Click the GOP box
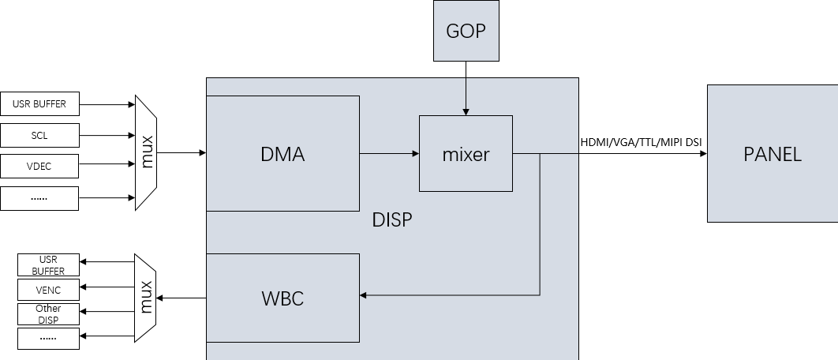(x=466, y=32)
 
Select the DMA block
(x=282, y=153)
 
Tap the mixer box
(x=466, y=153)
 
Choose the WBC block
(x=282, y=298)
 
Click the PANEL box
(x=772, y=153)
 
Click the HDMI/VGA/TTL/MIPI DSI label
(x=641, y=142)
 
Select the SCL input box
(x=39, y=135)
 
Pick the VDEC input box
(x=39, y=167)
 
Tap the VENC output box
(x=48, y=290)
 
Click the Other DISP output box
(x=48, y=313)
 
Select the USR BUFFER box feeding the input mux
(x=39, y=103)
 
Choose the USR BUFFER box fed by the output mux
(x=48, y=265)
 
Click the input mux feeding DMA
(x=146, y=152)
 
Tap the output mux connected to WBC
(x=146, y=298)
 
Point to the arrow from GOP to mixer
(x=466, y=88)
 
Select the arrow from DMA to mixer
(x=388, y=153)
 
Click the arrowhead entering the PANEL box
(x=701, y=153)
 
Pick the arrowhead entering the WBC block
(x=365, y=295)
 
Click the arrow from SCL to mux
(x=107, y=135)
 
